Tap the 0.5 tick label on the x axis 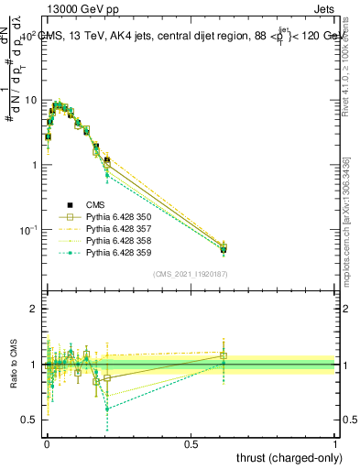[191, 442]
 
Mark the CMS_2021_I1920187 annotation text [190, 273]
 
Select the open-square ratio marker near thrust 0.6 [224, 355]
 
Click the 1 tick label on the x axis [334, 442]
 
